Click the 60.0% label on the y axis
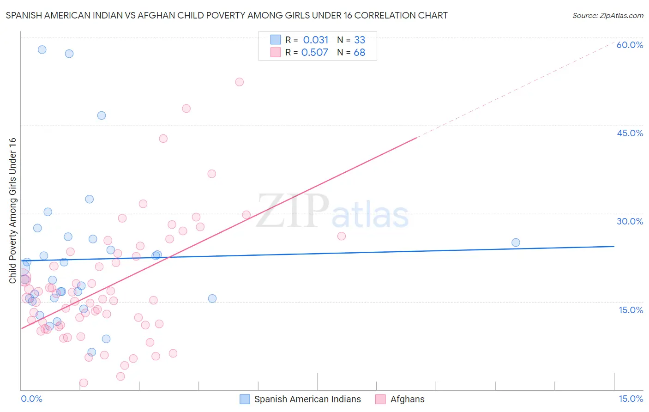(x=630, y=45)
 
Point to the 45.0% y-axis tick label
(x=630, y=133)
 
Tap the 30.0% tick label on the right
(x=630, y=221)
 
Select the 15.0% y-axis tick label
(x=631, y=310)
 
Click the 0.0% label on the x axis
(x=31, y=399)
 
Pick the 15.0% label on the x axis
(x=631, y=399)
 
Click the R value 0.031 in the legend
(x=316, y=40)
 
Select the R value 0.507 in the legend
(x=315, y=53)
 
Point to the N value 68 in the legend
(x=360, y=53)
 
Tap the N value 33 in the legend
(x=360, y=40)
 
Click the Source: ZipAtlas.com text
(x=607, y=16)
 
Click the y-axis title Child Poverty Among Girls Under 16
(x=12, y=211)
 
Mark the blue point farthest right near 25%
(x=516, y=242)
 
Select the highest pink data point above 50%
(x=239, y=82)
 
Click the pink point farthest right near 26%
(x=342, y=236)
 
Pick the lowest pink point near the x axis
(x=84, y=382)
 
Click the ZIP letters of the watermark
(x=293, y=211)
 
